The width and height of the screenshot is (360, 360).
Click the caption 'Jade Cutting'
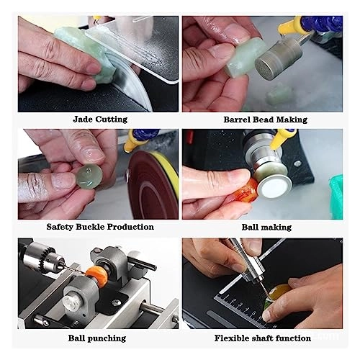(x=100, y=119)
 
